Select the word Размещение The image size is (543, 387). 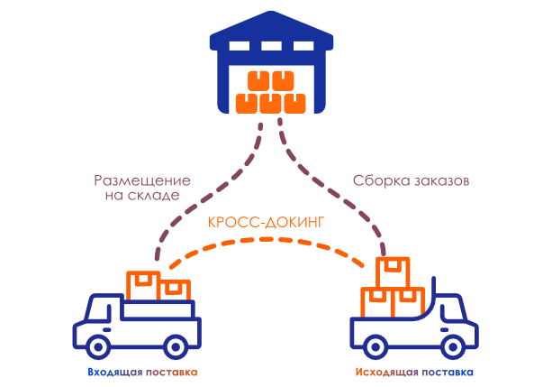pos(136,179)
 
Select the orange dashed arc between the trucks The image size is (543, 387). pos(270,240)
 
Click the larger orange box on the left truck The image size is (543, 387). pos(143,285)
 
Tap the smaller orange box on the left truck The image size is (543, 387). pos(175,290)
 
